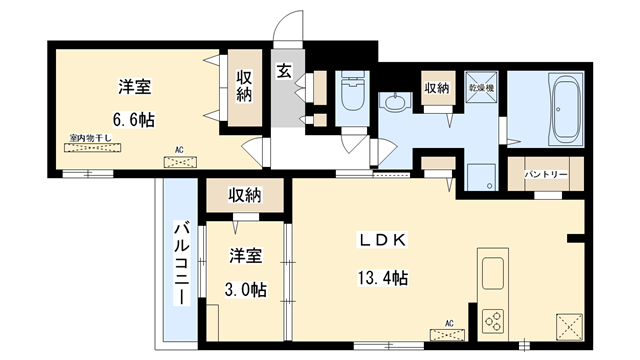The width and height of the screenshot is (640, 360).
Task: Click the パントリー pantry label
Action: [x=546, y=175]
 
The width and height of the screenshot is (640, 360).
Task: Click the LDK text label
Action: [x=384, y=241]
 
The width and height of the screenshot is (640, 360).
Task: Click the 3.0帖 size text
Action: [x=246, y=289]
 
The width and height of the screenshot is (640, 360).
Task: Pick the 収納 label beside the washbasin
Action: [x=437, y=89]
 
